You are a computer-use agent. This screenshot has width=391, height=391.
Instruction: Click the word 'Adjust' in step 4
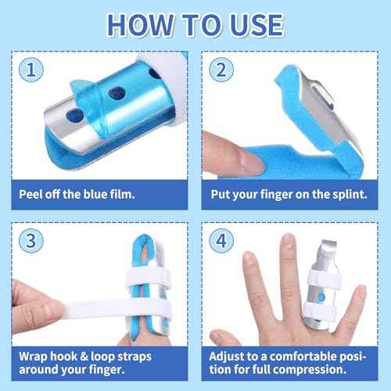coord(230,349)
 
